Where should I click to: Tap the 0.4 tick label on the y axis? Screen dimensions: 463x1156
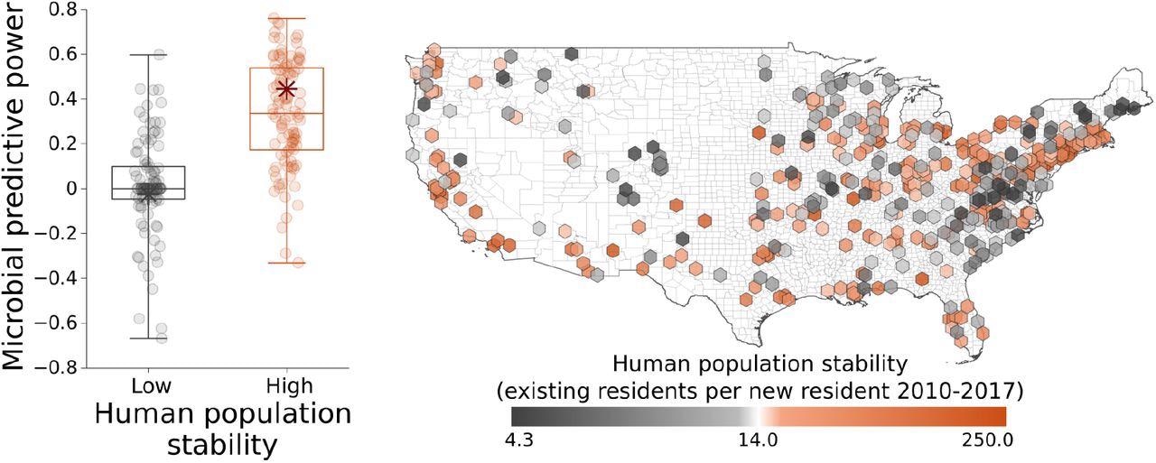coord(54,99)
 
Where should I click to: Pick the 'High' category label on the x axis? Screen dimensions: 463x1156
coord(286,387)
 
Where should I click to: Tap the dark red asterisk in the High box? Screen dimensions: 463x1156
coord(286,89)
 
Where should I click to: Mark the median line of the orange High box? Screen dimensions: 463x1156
coord(286,114)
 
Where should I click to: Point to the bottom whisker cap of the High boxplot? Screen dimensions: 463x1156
coord(286,263)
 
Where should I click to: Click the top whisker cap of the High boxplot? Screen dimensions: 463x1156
coord(286,18)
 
